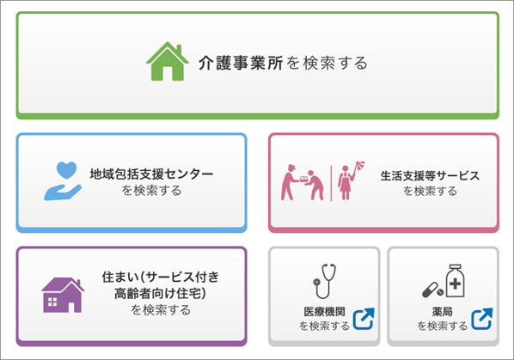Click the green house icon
(168, 61)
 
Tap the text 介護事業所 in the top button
(241, 63)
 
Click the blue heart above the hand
(66, 170)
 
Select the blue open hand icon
(63, 192)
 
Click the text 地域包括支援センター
(151, 174)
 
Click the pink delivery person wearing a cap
(289, 182)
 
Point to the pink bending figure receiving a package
(314, 185)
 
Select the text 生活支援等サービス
(430, 176)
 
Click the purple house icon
(63, 296)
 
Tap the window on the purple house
(52, 302)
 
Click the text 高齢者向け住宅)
(160, 293)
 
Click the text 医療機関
(324, 312)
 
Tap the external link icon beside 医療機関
(364, 319)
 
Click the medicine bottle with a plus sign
(455, 281)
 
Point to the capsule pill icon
(432, 290)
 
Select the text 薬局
(442, 312)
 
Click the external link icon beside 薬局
(482, 319)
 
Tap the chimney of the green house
(179, 50)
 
